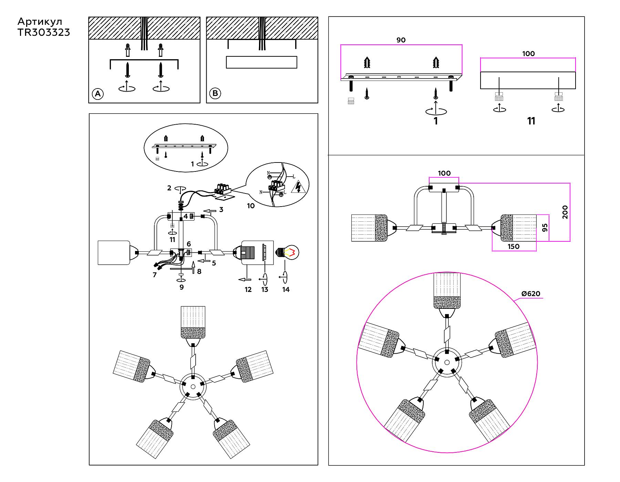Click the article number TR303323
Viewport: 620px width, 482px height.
coord(44,32)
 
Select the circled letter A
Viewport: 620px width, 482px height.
coord(98,94)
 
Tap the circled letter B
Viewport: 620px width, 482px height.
coord(215,93)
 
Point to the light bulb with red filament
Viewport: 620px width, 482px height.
coord(288,253)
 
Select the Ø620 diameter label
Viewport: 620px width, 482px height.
coord(531,294)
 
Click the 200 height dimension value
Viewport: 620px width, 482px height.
coord(565,212)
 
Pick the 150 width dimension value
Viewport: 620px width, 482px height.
coord(513,247)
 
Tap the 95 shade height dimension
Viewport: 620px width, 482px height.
coord(545,228)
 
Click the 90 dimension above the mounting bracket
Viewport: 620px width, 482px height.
coord(401,40)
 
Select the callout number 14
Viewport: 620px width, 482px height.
coord(286,290)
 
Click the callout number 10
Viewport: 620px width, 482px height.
coord(251,206)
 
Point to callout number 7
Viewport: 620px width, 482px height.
coord(155,275)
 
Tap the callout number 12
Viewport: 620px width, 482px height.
coord(248,290)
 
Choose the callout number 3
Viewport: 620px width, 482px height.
coord(221,209)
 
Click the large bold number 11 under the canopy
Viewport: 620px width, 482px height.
coord(531,121)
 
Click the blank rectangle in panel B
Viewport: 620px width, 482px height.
coord(261,62)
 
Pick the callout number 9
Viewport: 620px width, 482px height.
coord(182,287)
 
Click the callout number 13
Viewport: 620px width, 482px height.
coord(265,290)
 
